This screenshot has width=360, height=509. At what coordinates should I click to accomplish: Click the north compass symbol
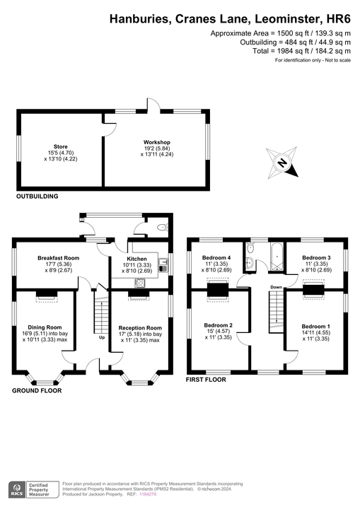coord(282,163)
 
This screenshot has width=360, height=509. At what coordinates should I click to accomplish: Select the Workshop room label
coord(156,142)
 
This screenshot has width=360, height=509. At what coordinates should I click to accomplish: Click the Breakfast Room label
coord(59,258)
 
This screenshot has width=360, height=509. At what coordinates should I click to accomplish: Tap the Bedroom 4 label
coord(217,258)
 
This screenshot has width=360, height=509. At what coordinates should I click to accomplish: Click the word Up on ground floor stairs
coord(102,337)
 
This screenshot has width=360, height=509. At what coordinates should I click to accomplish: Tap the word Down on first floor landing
coord(277,287)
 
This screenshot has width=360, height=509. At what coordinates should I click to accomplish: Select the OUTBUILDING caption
coord(37,197)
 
